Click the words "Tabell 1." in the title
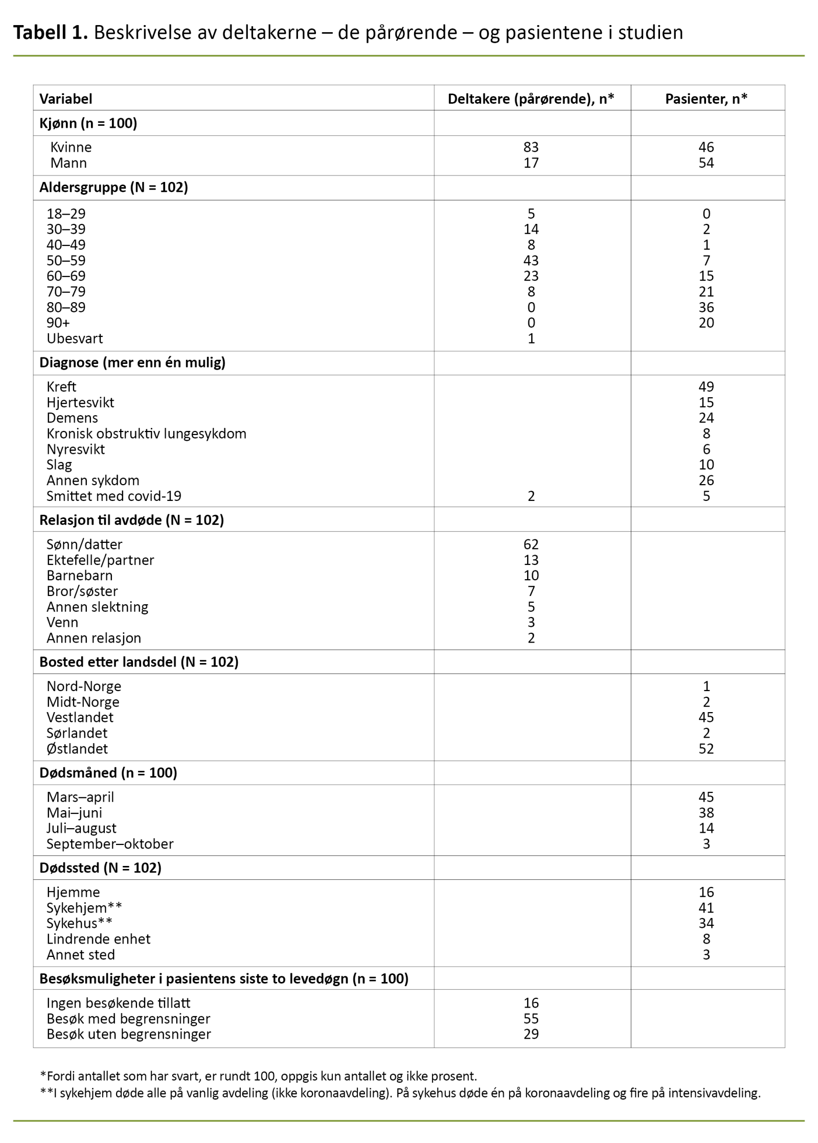tap(51, 33)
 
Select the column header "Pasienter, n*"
tap(706, 99)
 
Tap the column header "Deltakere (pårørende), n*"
tap(531, 99)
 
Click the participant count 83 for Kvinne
tap(531, 147)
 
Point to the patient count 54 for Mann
tap(706, 163)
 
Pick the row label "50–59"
tap(66, 261)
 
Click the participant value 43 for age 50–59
tap(531, 261)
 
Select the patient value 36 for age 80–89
tap(706, 307)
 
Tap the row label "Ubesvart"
tap(75, 338)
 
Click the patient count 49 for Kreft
tap(706, 386)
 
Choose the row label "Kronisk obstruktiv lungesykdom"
tap(146, 433)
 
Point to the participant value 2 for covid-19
tap(531, 496)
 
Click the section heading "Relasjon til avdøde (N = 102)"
tap(131, 520)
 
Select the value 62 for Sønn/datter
tap(531, 544)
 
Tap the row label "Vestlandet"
tap(80, 717)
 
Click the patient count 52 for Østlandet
tap(706, 749)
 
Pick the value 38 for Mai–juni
tap(706, 813)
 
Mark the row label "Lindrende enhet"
tap(98, 939)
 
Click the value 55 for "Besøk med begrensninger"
tap(531, 1019)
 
